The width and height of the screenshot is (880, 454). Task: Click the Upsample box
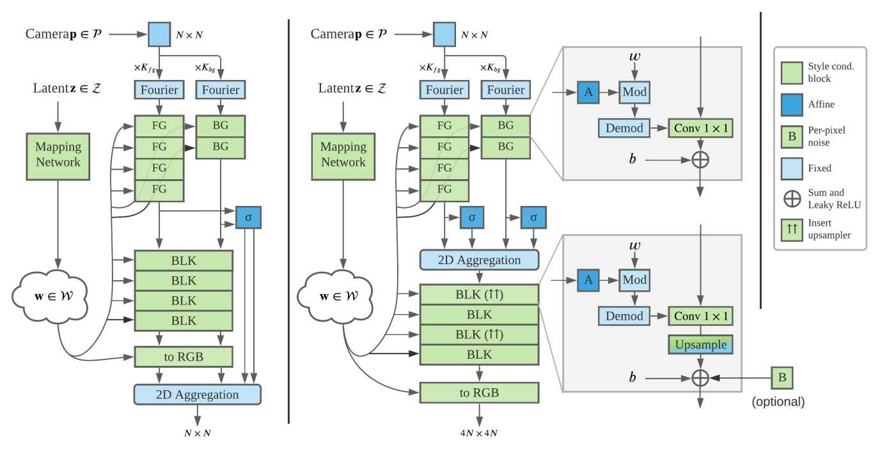[701, 344]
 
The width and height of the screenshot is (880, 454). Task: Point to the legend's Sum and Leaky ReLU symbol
[792, 198]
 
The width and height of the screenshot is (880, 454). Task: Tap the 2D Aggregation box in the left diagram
[198, 395]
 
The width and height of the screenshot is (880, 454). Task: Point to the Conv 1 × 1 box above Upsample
[701, 315]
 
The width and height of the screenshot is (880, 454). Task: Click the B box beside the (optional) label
[782, 377]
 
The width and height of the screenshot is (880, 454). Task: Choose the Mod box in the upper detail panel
[634, 92]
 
